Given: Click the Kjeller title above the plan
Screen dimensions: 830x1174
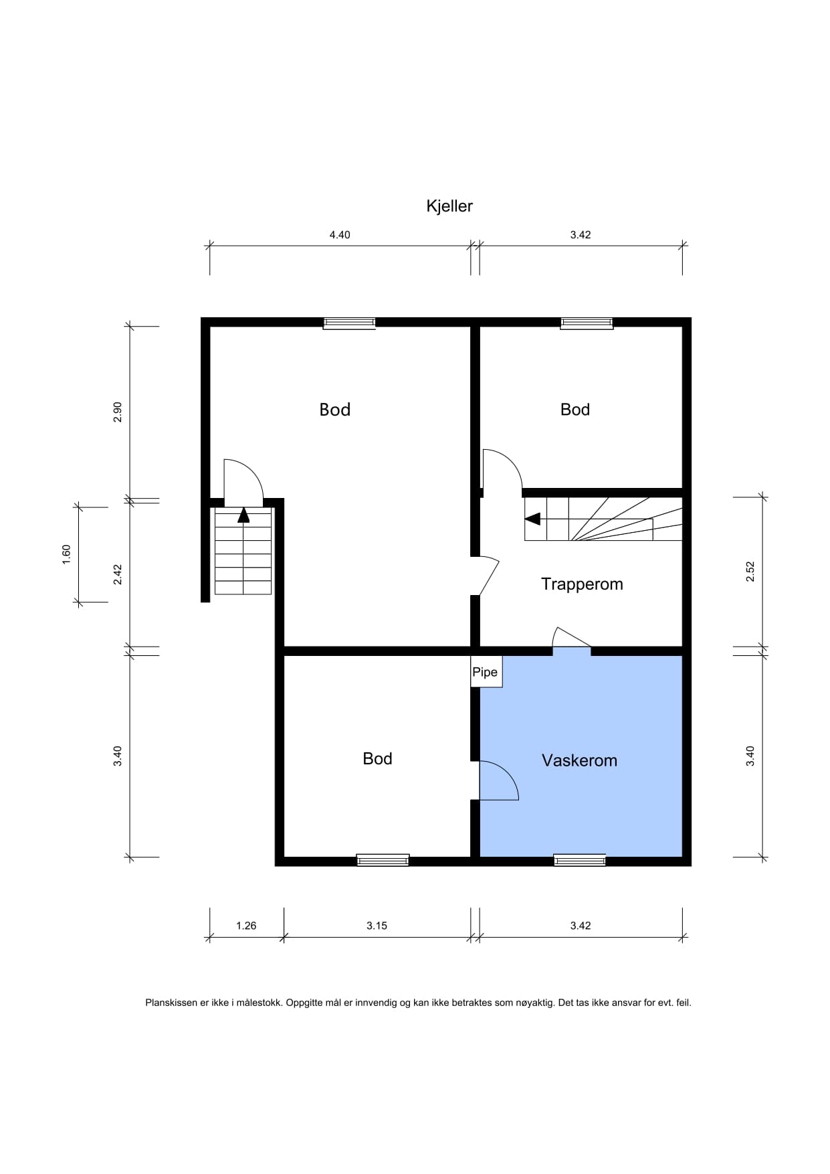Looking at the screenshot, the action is click(x=449, y=206).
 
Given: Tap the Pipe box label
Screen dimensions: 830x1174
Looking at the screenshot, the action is click(x=485, y=672).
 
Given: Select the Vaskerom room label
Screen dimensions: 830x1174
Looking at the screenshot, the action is click(x=579, y=760).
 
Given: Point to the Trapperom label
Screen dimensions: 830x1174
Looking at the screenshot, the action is click(x=582, y=584).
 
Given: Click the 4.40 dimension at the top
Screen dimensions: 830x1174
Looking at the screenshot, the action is click(x=340, y=235).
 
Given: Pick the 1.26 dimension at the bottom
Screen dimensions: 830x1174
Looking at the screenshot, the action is click(x=246, y=926).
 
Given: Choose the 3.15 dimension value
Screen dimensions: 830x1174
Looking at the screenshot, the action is click(x=377, y=926).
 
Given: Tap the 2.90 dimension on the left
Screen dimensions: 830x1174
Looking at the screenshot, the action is click(x=118, y=412).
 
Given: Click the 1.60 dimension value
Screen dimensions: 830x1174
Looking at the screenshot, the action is click(x=66, y=554).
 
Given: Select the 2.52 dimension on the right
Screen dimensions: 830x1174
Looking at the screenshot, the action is click(x=750, y=571).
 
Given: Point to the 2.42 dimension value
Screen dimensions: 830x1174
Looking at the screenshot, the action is click(x=118, y=575).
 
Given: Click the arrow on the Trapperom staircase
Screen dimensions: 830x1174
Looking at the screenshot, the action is click(x=533, y=519).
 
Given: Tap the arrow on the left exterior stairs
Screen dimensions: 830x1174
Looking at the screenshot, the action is click(x=243, y=515).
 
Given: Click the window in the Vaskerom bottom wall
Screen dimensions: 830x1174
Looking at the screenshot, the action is click(x=580, y=861).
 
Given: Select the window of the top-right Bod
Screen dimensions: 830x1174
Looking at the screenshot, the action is click(x=587, y=323).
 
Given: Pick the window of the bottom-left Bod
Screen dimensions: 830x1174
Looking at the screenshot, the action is click(x=383, y=861).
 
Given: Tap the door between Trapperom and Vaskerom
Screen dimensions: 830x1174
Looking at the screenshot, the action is click(x=573, y=637).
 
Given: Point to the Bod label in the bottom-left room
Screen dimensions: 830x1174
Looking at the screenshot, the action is click(x=377, y=758).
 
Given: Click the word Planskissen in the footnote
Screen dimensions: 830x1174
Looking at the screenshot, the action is click(x=172, y=1003).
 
